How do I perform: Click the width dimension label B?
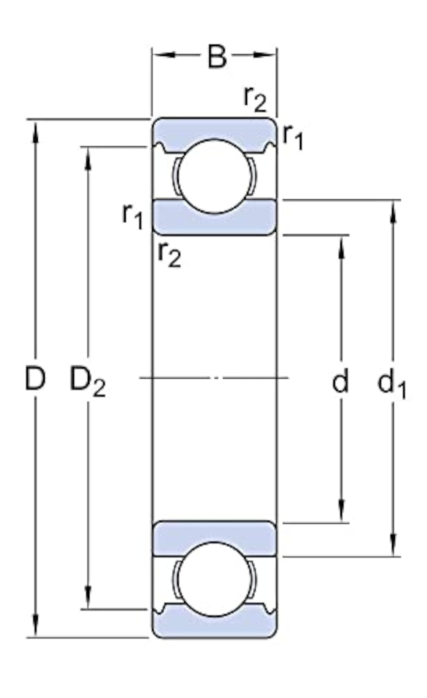coord(217,56)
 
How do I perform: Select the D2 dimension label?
coord(88,381)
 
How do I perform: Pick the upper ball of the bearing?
coord(215,176)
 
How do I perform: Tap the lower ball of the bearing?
coord(215,579)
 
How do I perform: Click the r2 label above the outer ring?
coord(255,99)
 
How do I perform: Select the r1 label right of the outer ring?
coord(292,137)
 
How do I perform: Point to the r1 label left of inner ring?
coord(132,216)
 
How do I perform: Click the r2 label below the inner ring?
coord(169,255)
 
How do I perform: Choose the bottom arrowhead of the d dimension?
coord(342,511)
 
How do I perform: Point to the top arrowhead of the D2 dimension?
coord(88,159)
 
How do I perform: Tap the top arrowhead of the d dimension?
coord(342,247)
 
